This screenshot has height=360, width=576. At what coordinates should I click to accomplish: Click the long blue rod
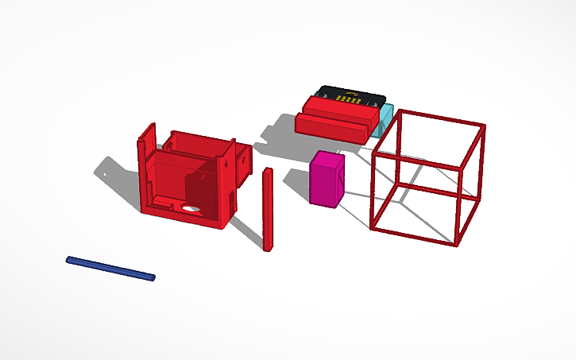pyautogui.click(x=110, y=269)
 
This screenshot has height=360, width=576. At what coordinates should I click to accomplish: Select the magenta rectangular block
pyautogui.click(x=327, y=181)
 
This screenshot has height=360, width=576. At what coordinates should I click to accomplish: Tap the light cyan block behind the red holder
pyautogui.click(x=385, y=120)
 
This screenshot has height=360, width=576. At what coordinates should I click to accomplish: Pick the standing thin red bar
pyautogui.click(x=268, y=211)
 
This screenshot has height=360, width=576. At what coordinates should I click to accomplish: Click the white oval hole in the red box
pyautogui.click(x=191, y=208)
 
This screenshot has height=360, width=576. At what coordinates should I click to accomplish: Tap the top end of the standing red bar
pyautogui.click(x=267, y=171)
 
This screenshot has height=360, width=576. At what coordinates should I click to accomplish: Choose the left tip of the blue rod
pyautogui.click(x=69, y=259)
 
